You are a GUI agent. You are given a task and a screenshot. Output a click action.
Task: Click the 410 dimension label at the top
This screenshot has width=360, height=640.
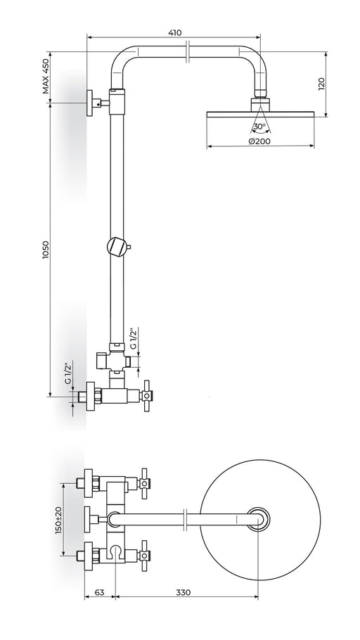click(x=174, y=32)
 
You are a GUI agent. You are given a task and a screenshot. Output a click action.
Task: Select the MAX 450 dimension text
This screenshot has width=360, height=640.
click(x=46, y=76)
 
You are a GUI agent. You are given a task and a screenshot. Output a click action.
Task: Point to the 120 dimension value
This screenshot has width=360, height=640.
click(x=321, y=84)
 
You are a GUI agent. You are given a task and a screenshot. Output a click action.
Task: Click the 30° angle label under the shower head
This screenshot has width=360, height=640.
click(x=259, y=127)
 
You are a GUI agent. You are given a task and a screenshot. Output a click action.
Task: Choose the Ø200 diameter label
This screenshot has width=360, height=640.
click(x=259, y=141)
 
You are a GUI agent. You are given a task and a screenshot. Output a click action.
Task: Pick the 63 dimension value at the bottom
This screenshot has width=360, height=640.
click(x=99, y=592)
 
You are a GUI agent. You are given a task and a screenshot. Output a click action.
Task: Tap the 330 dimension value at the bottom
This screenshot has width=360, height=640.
click(x=184, y=592)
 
